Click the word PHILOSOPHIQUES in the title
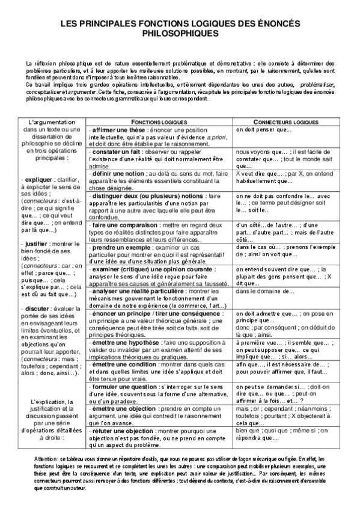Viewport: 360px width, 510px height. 180,34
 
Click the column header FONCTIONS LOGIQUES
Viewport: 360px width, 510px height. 160,121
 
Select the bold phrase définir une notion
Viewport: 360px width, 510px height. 118,173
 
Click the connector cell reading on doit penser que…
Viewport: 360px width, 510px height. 264,129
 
